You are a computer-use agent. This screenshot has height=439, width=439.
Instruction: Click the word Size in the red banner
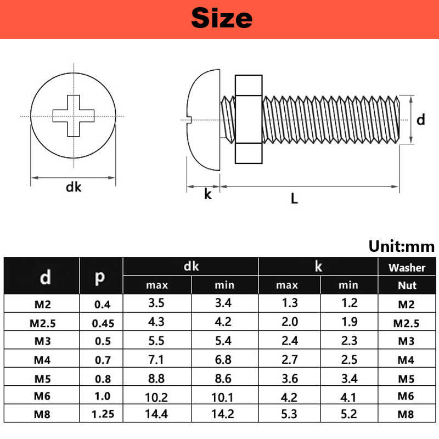tap(221, 18)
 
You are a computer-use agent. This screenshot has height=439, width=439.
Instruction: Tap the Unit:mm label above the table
tap(401, 246)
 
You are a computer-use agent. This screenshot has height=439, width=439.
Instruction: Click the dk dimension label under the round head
tap(73, 187)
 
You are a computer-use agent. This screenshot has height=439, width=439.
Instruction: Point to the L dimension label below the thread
tap(294, 199)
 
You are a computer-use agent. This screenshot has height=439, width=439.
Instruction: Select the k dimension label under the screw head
tap(207, 194)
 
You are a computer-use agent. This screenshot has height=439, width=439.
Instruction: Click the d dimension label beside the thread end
tap(420, 120)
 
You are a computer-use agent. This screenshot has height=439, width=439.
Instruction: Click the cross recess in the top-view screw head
tap(73, 116)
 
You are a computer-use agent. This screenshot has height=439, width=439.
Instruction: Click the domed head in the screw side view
tap(203, 119)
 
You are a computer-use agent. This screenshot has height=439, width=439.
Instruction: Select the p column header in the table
tap(100, 276)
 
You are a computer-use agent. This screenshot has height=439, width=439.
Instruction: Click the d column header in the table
tap(46, 277)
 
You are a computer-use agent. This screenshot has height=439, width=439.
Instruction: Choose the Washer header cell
tap(407, 268)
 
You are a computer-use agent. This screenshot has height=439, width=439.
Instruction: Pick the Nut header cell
tap(407, 285)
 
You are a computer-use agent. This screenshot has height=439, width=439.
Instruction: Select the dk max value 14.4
tap(156, 414)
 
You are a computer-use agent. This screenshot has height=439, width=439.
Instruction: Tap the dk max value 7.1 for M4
tap(156, 359)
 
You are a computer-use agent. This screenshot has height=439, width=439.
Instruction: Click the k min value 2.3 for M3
tap(348, 341)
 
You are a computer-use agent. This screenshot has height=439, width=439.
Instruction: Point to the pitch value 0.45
tap(103, 323)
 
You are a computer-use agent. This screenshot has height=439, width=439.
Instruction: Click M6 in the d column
tap(42, 396)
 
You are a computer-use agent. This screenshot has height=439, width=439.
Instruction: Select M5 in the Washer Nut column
tap(407, 378)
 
